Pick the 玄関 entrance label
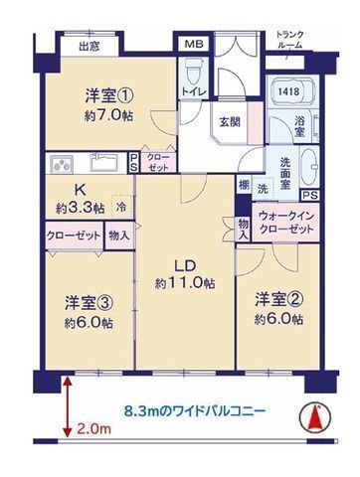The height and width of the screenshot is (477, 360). click(231, 123)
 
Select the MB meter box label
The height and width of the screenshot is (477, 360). click(191, 45)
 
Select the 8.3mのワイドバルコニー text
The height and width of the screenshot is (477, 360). click(195, 408)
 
